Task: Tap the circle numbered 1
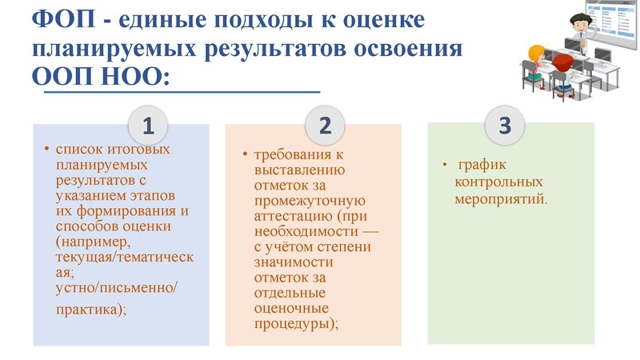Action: [148, 126]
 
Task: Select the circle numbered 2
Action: [325, 126]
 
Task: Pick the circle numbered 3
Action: [504, 126]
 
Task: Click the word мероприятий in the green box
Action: [501, 195]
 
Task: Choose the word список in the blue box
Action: [78, 149]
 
